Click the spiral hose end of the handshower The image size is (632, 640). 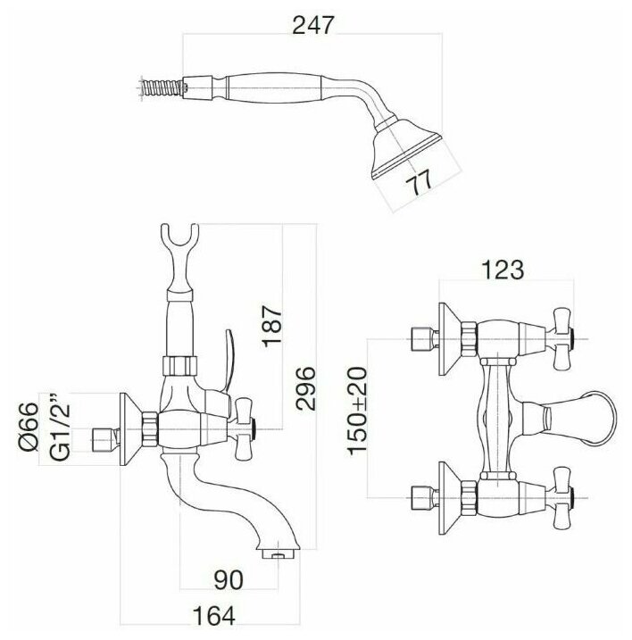click(161, 86)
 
